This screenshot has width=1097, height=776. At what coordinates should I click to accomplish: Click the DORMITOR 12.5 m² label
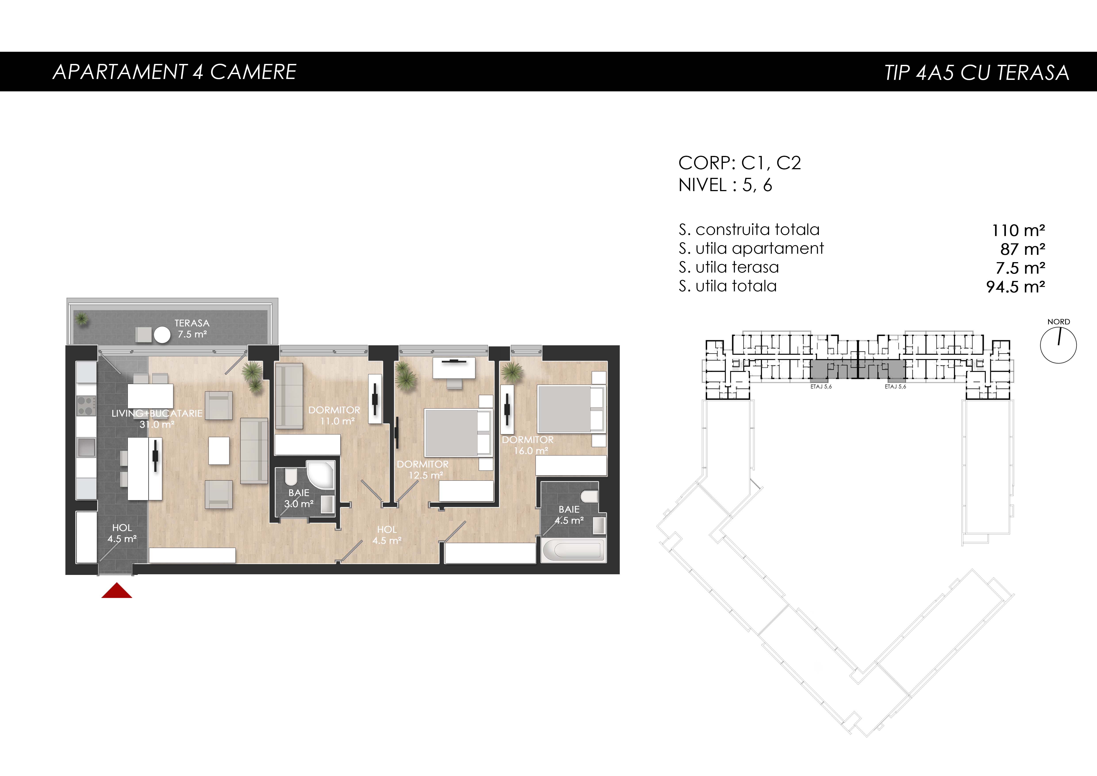[x=423, y=469]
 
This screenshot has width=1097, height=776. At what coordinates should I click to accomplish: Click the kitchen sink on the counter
[x=86, y=448]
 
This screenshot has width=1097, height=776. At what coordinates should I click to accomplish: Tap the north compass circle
[x=1058, y=345]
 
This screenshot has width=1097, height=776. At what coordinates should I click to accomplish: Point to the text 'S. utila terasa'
[x=729, y=267]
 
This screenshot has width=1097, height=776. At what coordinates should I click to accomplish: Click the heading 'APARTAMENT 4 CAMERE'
[x=174, y=72]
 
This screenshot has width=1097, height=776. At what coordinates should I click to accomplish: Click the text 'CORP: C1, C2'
[x=740, y=163]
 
